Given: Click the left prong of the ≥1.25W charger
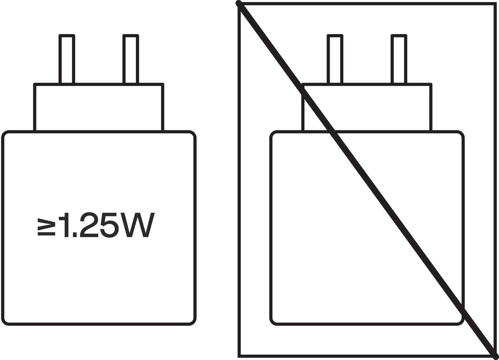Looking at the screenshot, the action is pos(67,59).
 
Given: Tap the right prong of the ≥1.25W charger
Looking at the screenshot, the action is pos(131,59).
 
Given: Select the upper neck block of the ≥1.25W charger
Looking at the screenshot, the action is pos(99,107).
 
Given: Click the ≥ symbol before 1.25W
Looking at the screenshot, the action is pos(46,227).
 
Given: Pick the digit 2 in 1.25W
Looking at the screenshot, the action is pos(89,225).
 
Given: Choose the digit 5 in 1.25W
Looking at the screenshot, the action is pos(109,225).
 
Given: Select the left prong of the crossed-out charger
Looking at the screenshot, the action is pos(335,59).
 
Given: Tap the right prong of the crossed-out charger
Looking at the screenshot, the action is pos(399,59).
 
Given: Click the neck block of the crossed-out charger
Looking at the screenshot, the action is pos(367,107).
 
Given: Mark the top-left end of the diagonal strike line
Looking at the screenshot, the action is pos(239,3).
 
